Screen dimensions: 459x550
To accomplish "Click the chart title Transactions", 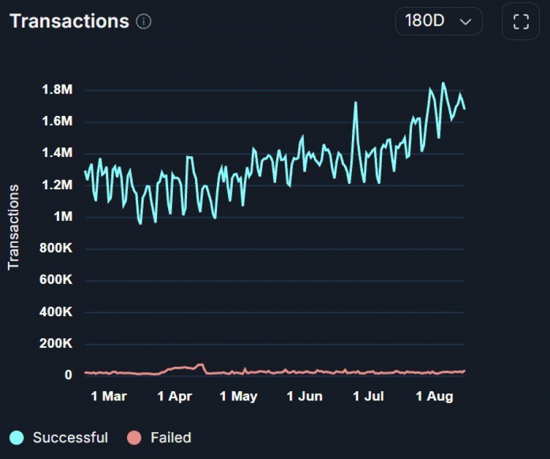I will click(x=69, y=21).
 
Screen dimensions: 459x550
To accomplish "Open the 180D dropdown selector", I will click(x=439, y=21).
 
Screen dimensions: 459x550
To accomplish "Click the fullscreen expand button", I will click(x=521, y=22).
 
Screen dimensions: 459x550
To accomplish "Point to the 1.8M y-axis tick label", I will click(x=57, y=90).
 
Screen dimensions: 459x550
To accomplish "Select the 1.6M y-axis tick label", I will click(x=57, y=121).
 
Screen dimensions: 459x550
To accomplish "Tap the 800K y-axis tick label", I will click(x=57, y=248).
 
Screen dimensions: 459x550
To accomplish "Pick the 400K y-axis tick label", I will click(x=57, y=312).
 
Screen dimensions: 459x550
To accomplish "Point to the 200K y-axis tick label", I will click(x=57, y=344).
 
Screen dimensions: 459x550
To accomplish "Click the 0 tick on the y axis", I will click(x=69, y=375).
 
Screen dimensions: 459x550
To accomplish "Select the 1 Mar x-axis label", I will click(x=109, y=397).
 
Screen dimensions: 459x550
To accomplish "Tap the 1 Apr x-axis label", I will click(x=175, y=397).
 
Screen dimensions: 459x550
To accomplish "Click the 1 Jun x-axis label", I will click(x=304, y=397).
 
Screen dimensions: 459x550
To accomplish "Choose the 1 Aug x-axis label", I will click(x=435, y=397).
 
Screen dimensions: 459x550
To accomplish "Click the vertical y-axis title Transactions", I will click(x=14, y=226).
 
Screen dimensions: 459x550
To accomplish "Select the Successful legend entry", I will click(x=70, y=438).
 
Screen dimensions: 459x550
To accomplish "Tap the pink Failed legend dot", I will click(x=134, y=438).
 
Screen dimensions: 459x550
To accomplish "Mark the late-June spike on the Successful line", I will click(x=355, y=103).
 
